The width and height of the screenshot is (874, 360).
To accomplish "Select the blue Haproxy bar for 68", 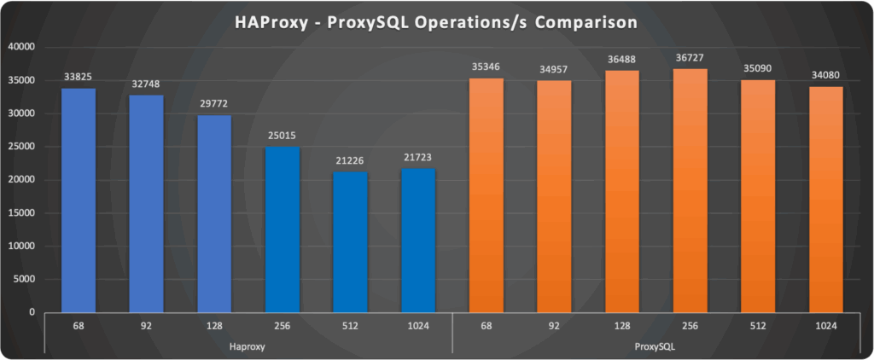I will [79, 200].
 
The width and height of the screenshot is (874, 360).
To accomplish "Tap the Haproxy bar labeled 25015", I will [283, 229].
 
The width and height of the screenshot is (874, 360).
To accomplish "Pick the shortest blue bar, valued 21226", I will [350, 242].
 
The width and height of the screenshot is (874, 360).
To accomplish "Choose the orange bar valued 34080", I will [825, 200].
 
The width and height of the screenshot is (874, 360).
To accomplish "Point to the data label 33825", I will [79, 78].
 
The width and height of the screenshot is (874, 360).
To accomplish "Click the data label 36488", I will [621, 60].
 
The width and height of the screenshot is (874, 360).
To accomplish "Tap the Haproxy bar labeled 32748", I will [146, 204].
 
